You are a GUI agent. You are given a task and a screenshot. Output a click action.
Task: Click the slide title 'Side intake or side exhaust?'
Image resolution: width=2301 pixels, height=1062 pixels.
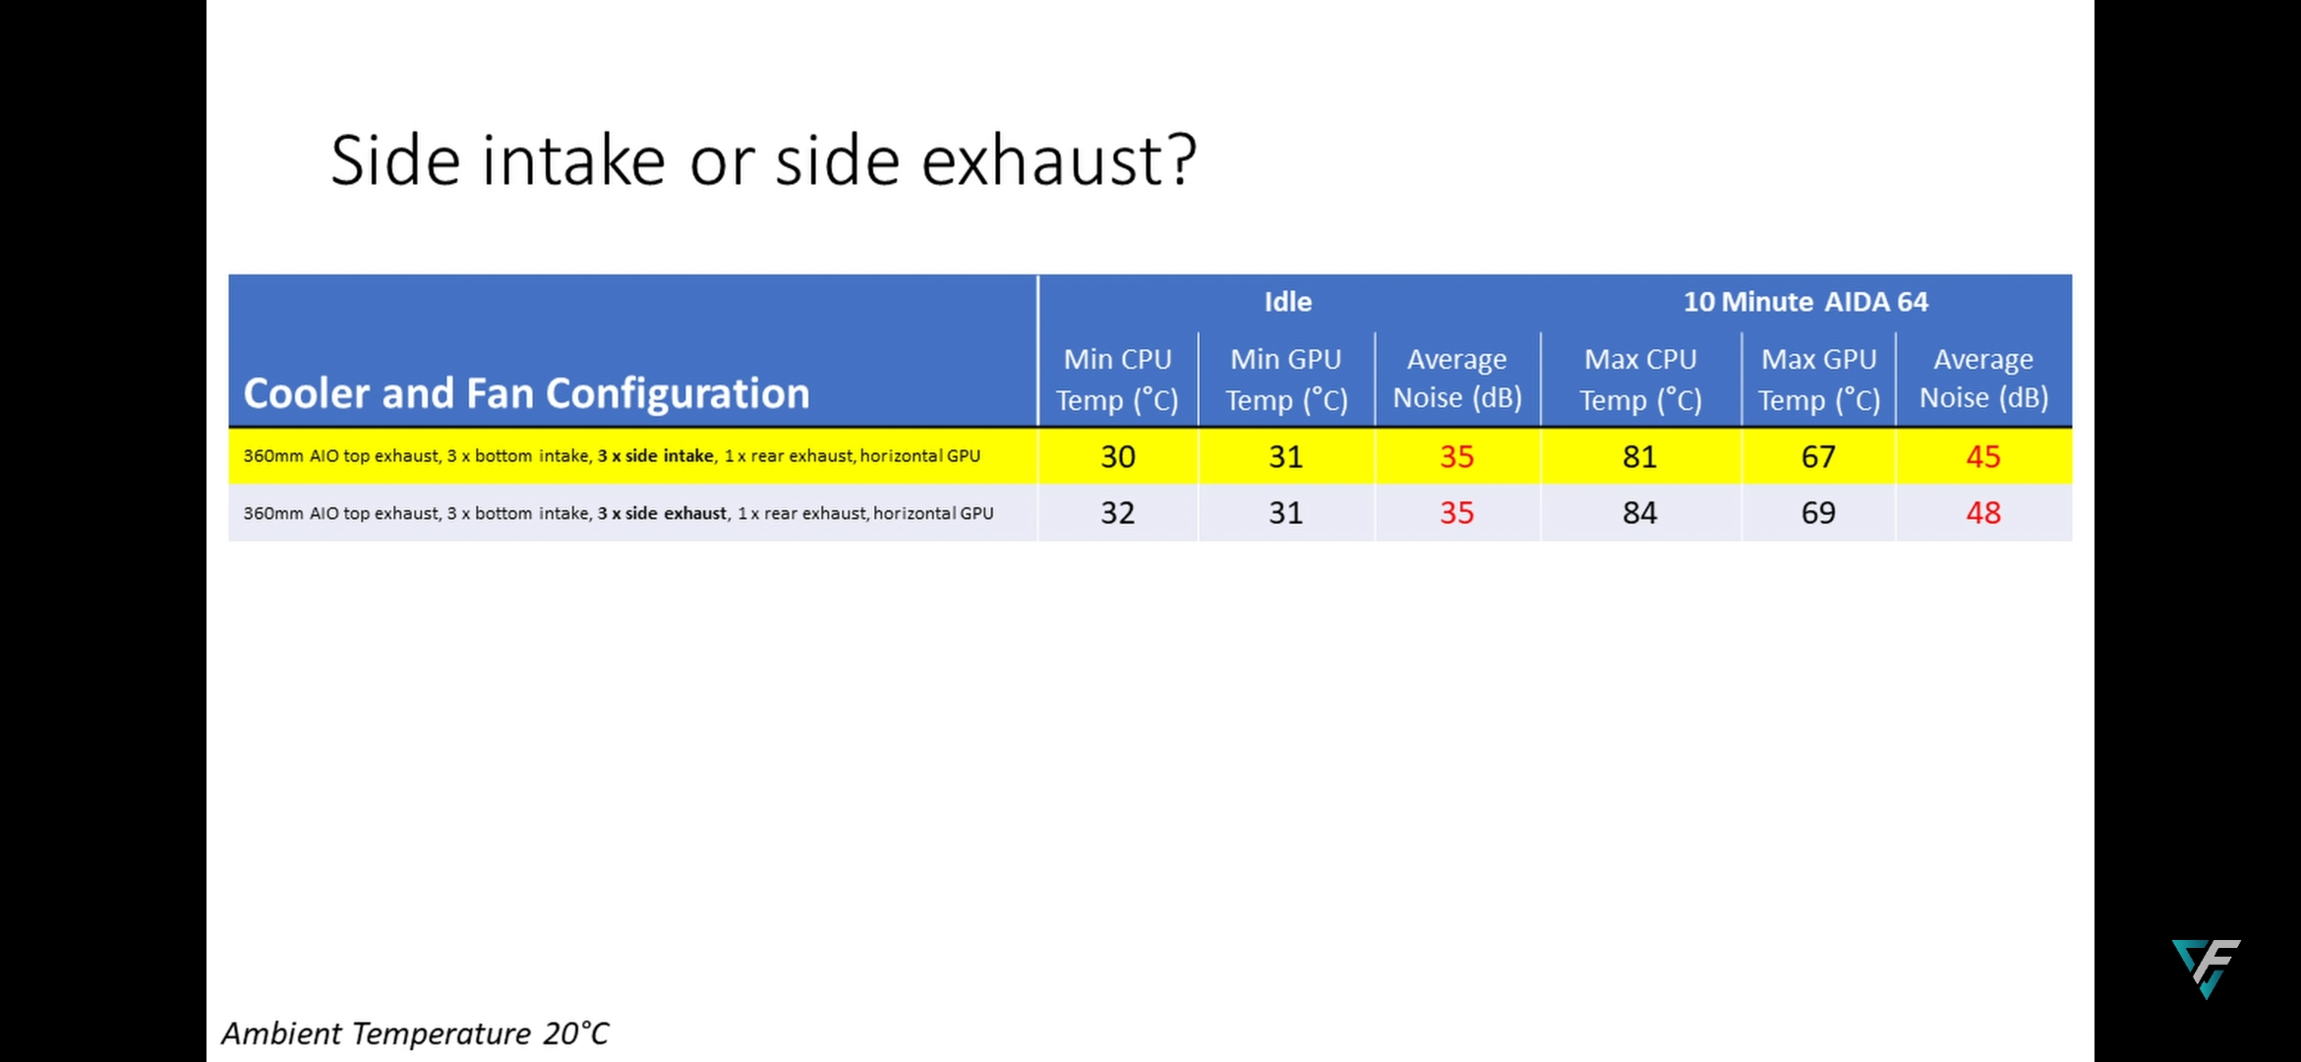(764, 160)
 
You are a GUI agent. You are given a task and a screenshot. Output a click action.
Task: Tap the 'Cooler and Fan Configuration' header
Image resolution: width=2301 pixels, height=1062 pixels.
(526, 393)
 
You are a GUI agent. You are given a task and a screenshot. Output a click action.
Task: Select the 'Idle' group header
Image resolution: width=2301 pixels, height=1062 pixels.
(1288, 302)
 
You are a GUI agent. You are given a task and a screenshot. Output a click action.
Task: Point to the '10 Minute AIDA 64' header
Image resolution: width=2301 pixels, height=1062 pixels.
(1805, 302)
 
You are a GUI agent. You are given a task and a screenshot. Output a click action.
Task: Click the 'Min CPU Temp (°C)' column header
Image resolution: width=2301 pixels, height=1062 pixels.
(1117, 380)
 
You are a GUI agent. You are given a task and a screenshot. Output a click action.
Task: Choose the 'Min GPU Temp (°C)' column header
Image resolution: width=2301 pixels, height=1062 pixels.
(1286, 380)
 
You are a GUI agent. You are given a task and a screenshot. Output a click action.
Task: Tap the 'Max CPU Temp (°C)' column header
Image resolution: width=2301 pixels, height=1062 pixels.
(1640, 380)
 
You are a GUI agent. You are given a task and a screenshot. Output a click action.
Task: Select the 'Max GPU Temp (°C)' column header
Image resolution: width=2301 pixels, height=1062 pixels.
(1819, 380)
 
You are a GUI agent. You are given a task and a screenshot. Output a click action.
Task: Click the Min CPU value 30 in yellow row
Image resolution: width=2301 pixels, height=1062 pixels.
(1118, 456)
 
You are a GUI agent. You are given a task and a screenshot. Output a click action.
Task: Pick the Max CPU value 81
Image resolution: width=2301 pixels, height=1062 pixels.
(1640, 456)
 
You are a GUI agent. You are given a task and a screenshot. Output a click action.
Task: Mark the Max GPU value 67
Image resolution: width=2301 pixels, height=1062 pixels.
(1818, 456)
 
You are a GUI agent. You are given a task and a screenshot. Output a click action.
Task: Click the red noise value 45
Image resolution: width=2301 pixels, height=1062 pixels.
(1983, 456)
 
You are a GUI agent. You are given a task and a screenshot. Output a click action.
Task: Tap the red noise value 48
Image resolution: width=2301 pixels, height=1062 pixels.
(1983, 512)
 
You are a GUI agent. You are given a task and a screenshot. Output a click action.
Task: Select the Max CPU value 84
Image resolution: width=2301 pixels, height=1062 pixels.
(1640, 512)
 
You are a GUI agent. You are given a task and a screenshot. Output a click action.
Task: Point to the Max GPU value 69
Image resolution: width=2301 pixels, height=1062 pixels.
(1818, 512)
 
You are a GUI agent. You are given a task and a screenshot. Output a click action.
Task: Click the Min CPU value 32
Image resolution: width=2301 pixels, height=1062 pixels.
(1118, 512)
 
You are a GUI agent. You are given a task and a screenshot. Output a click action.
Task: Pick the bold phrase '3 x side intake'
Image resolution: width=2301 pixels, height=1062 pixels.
(656, 456)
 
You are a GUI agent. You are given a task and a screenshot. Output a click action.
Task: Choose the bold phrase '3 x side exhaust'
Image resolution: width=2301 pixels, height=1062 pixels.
(663, 513)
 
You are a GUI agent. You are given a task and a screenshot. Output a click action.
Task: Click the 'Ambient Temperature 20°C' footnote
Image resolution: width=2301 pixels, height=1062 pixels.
(415, 1033)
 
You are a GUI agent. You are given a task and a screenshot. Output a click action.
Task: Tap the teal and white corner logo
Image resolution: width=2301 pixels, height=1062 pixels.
(2207, 968)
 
